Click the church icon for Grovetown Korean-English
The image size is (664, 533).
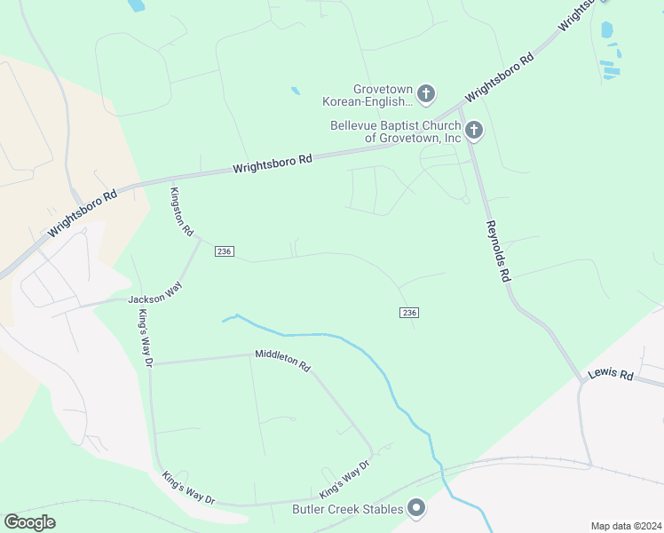click(x=426, y=93)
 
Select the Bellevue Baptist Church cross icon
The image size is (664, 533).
click(x=474, y=131)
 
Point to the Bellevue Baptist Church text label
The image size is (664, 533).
click(x=396, y=131)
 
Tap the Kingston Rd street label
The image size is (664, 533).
click(x=182, y=211)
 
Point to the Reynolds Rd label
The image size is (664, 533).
click(x=498, y=251)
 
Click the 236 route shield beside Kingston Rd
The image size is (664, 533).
click(x=224, y=252)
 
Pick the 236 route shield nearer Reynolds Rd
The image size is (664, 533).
click(x=408, y=313)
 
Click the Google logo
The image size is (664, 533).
click(x=29, y=522)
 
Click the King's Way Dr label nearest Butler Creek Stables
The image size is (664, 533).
click(x=344, y=479)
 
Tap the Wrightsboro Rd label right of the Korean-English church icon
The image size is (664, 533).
click(x=500, y=78)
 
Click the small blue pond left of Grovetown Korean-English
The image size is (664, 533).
click(x=295, y=91)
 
